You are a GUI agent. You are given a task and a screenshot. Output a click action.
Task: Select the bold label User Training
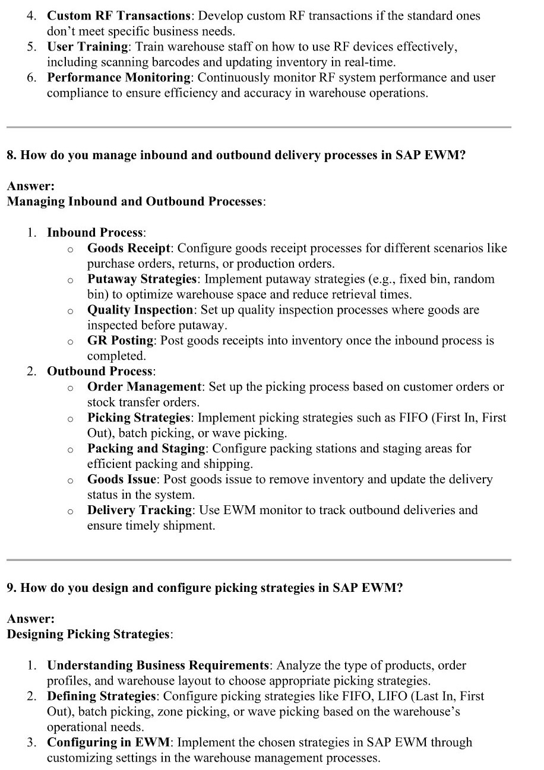coord(87,46)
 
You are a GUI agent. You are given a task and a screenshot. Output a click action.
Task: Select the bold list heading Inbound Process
coord(95,233)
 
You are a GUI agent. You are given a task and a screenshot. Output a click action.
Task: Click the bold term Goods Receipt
coord(129,248)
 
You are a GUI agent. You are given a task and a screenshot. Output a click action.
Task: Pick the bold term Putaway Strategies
coord(141,279)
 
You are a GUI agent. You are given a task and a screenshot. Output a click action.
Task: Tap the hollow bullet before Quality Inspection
coord(70,310)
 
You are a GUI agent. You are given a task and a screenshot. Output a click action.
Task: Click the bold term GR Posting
coord(121,341)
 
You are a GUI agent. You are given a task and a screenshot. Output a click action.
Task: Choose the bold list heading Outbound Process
coord(100,372)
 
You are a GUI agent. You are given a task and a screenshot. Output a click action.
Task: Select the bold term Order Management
coord(145,387)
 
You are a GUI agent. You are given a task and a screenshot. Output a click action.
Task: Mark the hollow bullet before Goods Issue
coord(70,480)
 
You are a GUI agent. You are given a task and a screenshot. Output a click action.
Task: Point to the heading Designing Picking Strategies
coord(88,634)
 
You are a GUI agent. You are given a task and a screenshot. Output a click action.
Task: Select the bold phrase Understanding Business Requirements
coord(158,666)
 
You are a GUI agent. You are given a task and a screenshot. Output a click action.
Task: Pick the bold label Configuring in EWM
coord(109,743)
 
